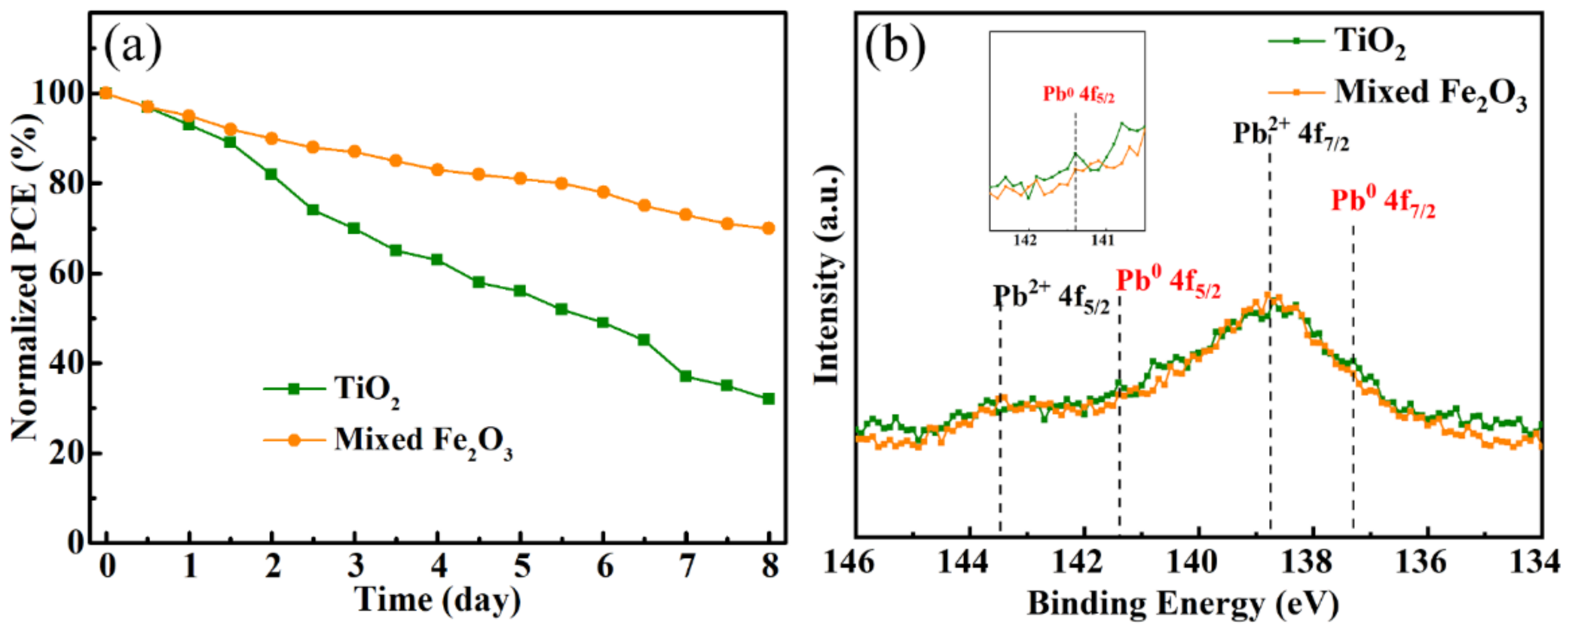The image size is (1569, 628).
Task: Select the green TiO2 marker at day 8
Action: pos(769,399)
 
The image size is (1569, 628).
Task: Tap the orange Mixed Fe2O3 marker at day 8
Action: pos(769,228)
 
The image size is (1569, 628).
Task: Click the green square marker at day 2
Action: pos(272,174)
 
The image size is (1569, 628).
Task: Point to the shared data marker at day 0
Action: pos(106,93)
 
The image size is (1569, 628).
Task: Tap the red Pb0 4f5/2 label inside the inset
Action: pos(1079,95)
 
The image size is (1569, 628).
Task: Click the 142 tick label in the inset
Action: pos(1025,240)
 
